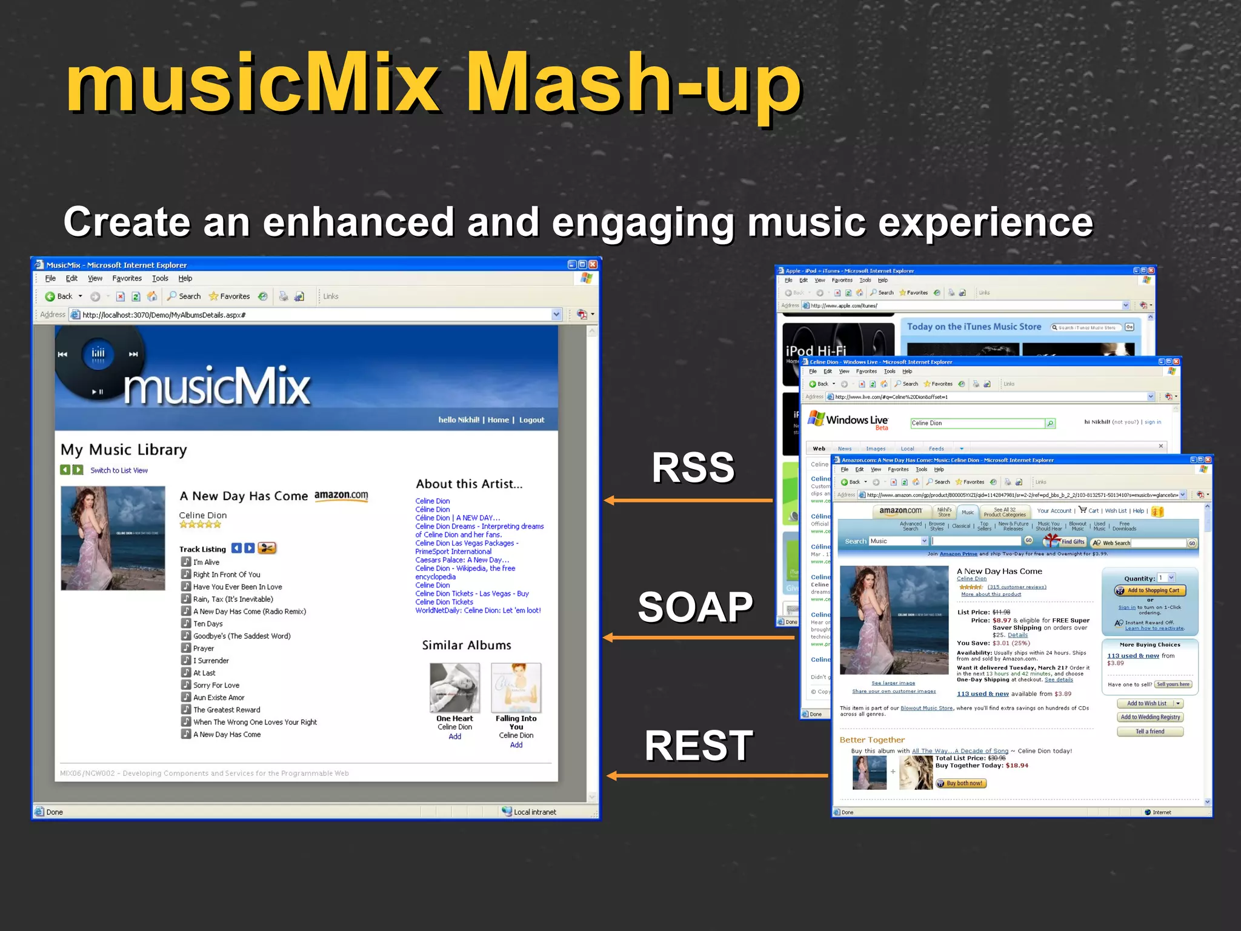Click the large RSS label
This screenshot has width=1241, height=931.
point(693,467)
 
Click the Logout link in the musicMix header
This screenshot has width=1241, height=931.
point(531,420)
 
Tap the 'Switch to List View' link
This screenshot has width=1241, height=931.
point(119,470)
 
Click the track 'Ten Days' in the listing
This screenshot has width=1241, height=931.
point(208,624)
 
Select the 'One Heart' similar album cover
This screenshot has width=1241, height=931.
point(454,687)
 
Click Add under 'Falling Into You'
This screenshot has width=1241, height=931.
point(516,745)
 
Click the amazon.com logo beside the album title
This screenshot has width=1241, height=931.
point(341,495)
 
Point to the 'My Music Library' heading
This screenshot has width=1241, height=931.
point(124,450)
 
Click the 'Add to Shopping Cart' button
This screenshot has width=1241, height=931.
point(1150,590)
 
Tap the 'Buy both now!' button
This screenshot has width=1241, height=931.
point(961,783)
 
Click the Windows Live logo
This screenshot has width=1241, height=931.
point(848,419)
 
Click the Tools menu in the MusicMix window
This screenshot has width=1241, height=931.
point(160,278)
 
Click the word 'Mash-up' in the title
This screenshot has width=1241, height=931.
point(633,85)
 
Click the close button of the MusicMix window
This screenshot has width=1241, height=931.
point(593,264)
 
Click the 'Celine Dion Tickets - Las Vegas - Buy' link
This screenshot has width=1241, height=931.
point(471,593)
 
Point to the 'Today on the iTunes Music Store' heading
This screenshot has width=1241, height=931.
point(974,327)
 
